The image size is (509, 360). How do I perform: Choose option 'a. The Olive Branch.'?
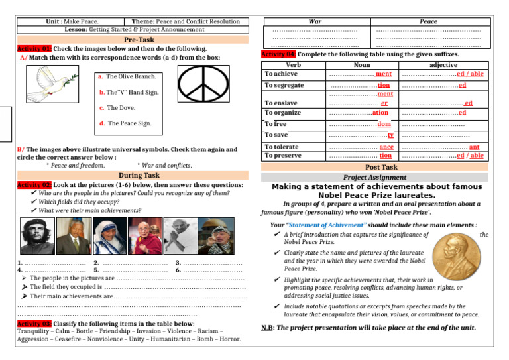point(127,77)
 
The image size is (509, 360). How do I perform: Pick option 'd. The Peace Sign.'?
point(125,123)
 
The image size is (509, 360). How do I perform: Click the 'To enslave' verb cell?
point(280,103)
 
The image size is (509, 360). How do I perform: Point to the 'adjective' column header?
point(443,65)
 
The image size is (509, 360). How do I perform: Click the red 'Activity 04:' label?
point(278,54)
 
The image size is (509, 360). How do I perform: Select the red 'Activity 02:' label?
point(34,184)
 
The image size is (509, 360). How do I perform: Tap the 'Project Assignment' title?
point(375,178)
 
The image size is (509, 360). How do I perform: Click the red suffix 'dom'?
point(384,124)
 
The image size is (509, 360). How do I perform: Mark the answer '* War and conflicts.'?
point(164,166)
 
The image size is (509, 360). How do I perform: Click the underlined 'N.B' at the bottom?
point(267,328)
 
